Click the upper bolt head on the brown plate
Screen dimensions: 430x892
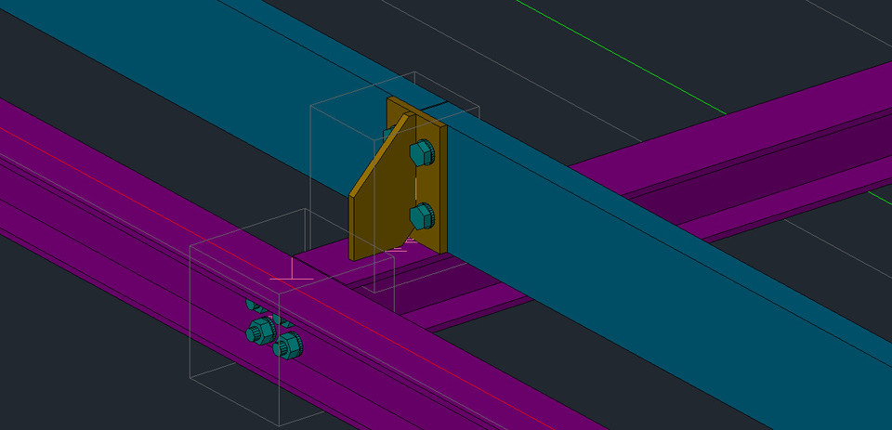pos(422,151)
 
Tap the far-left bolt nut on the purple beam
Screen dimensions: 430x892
pos(259,331)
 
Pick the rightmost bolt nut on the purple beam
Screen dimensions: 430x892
pos(288,346)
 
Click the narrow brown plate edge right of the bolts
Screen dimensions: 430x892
pos(441,186)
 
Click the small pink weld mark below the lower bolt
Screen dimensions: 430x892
pos(397,249)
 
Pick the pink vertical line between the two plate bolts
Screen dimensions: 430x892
pos(413,186)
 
